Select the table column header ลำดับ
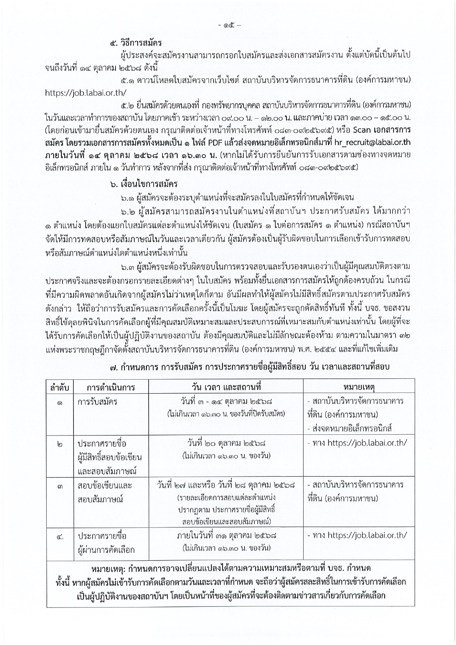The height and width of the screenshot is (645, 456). tap(60, 387)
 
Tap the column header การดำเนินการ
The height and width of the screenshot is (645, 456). tap(111, 387)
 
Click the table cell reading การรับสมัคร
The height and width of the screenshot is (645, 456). tap(97, 401)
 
